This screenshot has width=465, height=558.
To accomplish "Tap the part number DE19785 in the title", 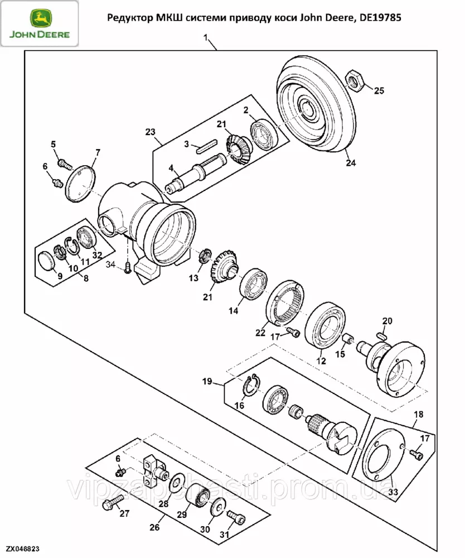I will [x=380, y=18].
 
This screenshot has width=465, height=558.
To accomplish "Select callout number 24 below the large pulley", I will [x=350, y=163].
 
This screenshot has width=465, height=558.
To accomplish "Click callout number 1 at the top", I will [x=207, y=38].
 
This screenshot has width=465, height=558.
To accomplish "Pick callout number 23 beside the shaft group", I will [x=150, y=132].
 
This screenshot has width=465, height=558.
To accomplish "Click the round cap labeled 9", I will [x=47, y=260].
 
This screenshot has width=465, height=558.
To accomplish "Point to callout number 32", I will [x=98, y=255].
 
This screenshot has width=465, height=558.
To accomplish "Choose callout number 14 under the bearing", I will [x=233, y=310].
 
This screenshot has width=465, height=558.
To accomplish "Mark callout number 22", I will [x=260, y=333].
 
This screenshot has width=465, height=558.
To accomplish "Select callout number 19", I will [x=207, y=382].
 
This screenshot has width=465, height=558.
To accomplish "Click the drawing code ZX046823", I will [x=23, y=550].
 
